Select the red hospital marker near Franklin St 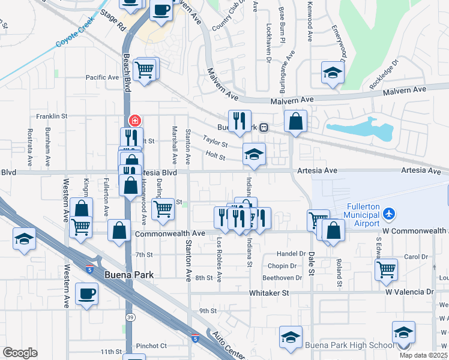[x=134, y=120]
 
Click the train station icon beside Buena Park [x=264, y=127]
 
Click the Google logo [x=20, y=353]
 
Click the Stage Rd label [x=112, y=21]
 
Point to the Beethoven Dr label [x=282, y=278]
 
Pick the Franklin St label [x=50, y=116]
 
